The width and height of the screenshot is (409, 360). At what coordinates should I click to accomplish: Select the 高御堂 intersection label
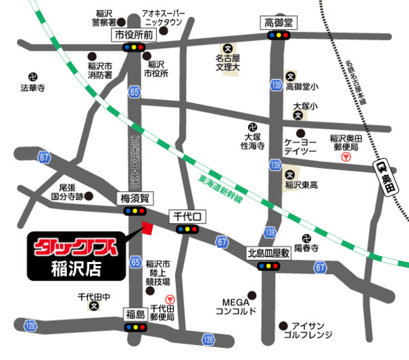(276, 23)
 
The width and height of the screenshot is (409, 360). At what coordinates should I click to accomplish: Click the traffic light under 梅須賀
(136, 211)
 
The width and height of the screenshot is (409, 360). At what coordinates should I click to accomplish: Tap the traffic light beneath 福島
(136, 327)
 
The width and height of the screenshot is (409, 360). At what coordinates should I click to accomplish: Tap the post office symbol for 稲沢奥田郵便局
(346, 157)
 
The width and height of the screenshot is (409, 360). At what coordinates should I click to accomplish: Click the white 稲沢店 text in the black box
(76, 267)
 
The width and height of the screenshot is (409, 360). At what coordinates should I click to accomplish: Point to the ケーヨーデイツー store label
(301, 149)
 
